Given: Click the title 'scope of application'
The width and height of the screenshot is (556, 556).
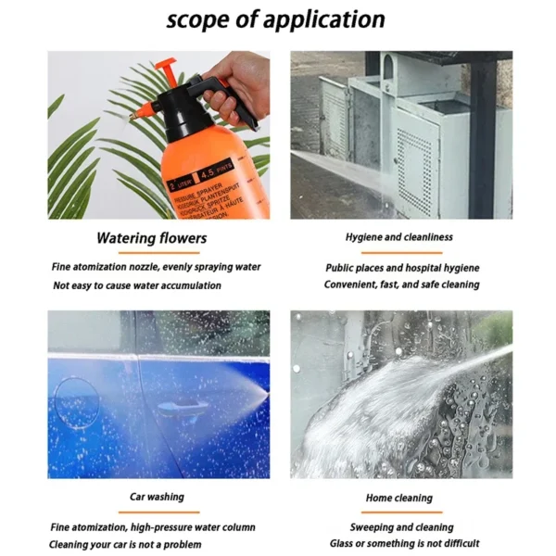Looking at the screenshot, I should [275, 19].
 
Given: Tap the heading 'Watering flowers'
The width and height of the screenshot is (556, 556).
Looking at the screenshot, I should [151, 238].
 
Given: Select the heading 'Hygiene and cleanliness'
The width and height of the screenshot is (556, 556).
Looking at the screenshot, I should [399, 237].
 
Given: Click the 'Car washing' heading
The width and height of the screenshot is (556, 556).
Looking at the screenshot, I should [157, 497].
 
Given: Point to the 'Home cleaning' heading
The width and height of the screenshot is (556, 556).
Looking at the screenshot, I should [399, 498].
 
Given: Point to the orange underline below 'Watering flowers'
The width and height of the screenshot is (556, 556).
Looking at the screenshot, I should [153, 252].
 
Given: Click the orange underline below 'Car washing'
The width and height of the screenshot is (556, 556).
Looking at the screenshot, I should [157, 512].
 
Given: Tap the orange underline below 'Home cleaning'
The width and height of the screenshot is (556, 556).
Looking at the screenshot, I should [399, 512].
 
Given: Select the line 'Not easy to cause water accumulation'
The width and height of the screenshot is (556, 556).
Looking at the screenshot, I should [137, 285].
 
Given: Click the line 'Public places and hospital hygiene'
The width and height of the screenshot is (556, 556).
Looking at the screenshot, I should [401, 268].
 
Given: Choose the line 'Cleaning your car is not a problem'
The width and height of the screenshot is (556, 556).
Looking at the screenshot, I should [125, 544].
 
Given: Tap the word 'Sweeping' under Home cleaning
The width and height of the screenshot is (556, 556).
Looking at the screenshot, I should [364, 526].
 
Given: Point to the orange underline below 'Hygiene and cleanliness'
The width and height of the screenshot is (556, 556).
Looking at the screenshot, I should [400, 252].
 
